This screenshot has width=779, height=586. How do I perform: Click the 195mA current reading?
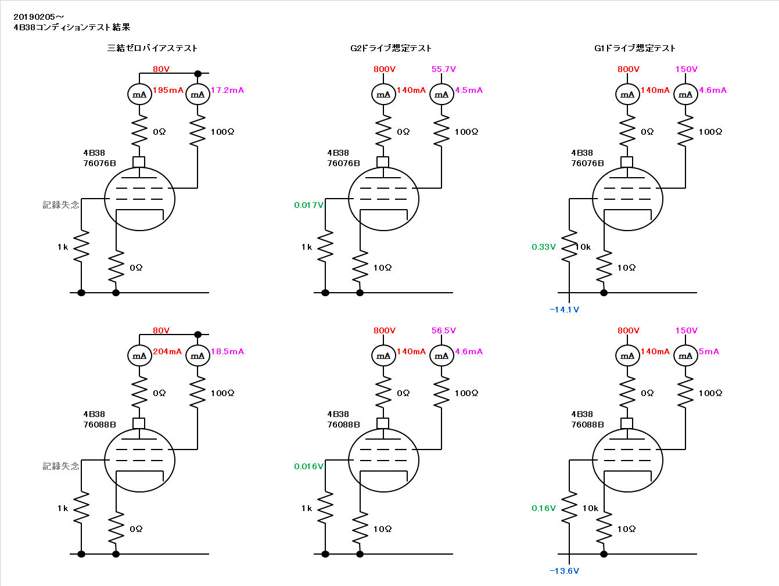168,90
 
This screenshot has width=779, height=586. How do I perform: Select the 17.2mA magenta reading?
227,90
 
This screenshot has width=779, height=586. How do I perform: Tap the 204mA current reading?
167,351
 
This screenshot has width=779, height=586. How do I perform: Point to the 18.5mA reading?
227,351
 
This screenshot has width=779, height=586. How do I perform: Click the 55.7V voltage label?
444,69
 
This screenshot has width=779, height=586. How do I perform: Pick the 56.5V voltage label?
444,330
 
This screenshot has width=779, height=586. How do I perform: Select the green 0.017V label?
308,205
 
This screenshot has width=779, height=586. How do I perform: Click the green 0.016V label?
308,466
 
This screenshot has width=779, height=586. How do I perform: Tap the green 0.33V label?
544,247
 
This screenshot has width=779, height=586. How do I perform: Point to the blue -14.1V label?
564,310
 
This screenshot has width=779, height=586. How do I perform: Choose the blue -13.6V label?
564,571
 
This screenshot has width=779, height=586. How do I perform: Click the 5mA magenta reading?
709,351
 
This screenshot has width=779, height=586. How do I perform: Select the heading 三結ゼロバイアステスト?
152,48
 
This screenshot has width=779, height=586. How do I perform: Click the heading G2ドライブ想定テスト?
391,48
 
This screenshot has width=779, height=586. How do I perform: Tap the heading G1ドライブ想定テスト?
635,48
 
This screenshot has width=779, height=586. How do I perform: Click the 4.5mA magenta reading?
469,90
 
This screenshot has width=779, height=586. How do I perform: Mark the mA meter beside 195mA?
139,94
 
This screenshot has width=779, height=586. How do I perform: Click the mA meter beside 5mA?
685,355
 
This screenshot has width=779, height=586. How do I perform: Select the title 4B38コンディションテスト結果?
72,27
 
